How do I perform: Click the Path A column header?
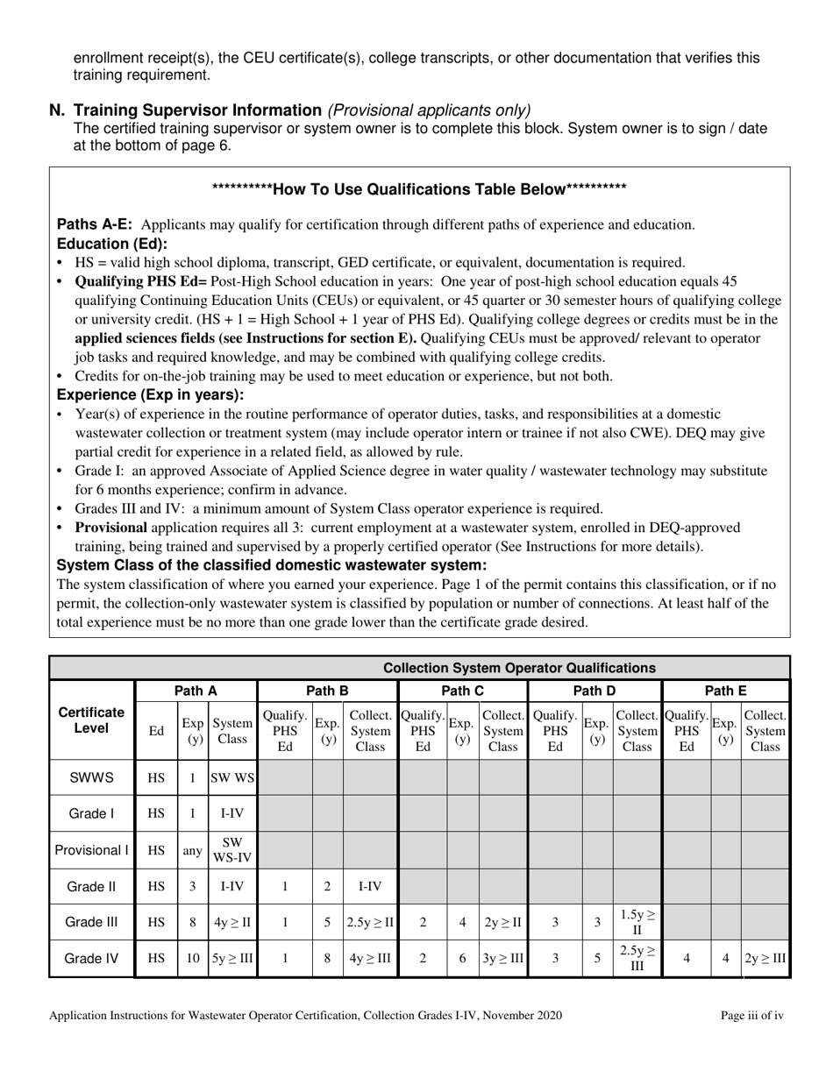click(x=196, y=691)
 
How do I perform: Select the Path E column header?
click(x=725, y=691)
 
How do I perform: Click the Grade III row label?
click(x=92, y=922)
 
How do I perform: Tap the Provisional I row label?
click(x=92, y=850)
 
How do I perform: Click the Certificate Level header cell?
click(x=92, y=720)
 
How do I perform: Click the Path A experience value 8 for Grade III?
click(x=193, y=922)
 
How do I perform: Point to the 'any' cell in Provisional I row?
click(x=193, y=850)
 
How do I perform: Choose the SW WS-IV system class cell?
click(x=232, y=850)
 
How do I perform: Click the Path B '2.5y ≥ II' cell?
click(x=369, y=922)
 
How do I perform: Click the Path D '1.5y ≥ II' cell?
click(x=637, y=922)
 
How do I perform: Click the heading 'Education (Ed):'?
click(x=111, y=244)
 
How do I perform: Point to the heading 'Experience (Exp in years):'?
click(x=150, y=394)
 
